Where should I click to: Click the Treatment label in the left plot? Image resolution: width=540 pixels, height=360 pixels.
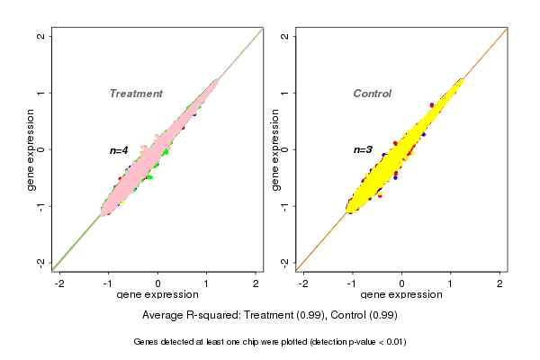click(136, 94)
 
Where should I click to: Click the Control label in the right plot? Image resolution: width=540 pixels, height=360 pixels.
click(372, 94)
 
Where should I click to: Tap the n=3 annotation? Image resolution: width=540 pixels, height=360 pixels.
click(363, 149)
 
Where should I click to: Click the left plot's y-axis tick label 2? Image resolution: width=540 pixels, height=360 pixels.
click(40, 36)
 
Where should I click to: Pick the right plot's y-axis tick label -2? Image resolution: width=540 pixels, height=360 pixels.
click(284, 262)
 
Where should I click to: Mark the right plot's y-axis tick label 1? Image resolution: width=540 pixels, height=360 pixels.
click(284, 93)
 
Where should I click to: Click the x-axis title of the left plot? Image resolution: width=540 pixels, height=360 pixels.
click(157, 295)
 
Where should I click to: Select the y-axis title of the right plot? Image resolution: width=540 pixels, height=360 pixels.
click(274, 149)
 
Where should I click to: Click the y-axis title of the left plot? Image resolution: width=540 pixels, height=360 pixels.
click(30, 149)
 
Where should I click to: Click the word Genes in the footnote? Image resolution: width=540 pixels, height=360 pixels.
click(147, 342)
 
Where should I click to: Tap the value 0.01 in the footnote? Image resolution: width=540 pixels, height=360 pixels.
click(393, 342)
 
